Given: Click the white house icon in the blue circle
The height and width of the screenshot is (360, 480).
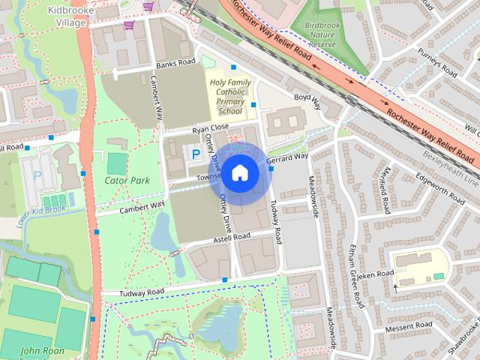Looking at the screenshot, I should [239, 173].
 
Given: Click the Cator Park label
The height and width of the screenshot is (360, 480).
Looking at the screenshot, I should [127, 180].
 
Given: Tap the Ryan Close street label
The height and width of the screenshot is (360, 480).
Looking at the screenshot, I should [210, 128].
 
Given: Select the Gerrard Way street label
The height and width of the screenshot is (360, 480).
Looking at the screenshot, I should [287, 158].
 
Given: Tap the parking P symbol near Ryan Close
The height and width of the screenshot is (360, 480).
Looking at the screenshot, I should [196, 154].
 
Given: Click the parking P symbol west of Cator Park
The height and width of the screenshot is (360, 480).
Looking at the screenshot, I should [37, 178].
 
